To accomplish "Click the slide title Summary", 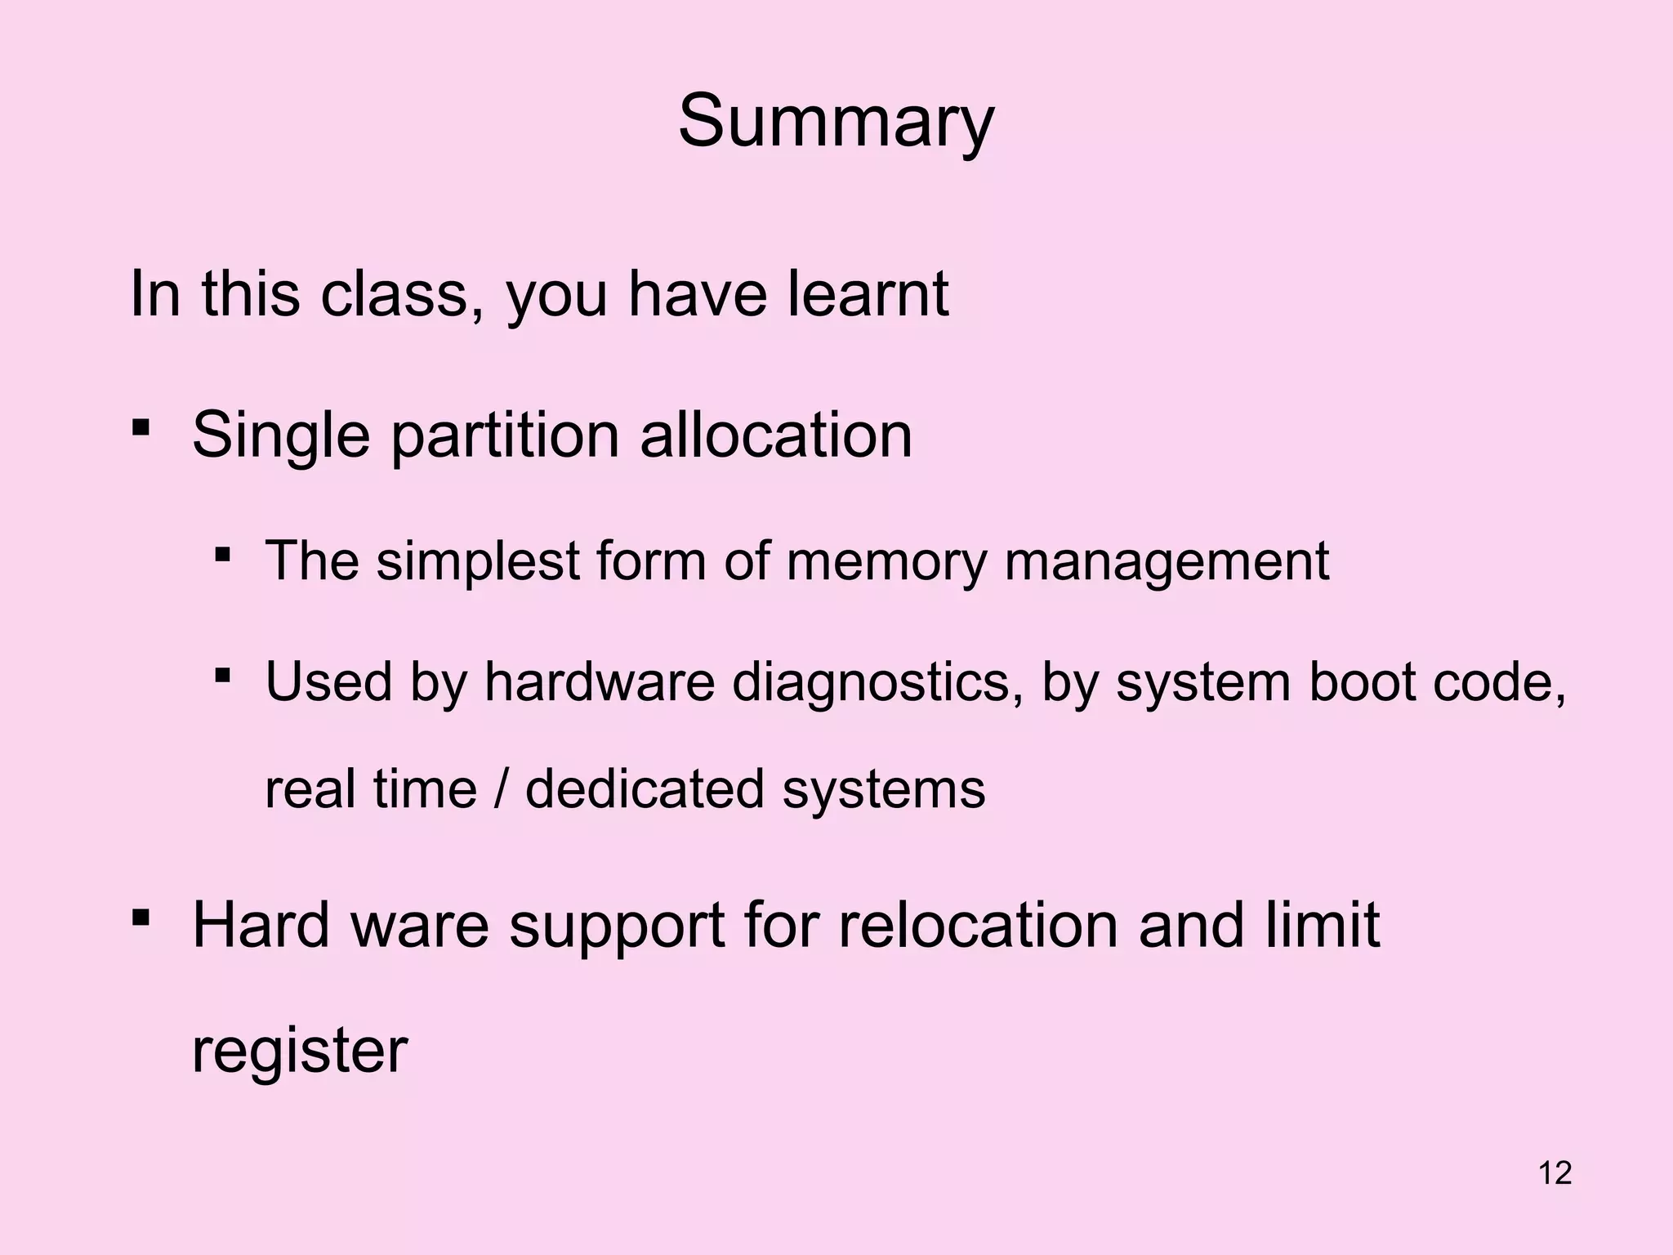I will [836, 123].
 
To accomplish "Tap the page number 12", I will [1555, 1172].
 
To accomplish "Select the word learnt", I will [868, 293].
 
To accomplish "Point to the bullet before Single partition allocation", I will [141, 427].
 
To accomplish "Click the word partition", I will [504, 435].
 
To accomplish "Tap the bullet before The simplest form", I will [221, 555].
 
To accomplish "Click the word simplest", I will [477, 561].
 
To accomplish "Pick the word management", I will [1167, 563].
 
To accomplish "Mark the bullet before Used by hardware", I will [221, 675].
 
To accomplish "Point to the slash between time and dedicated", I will [500, 789].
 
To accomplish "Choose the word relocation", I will [979, 926].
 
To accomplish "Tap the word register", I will [299, 1052].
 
